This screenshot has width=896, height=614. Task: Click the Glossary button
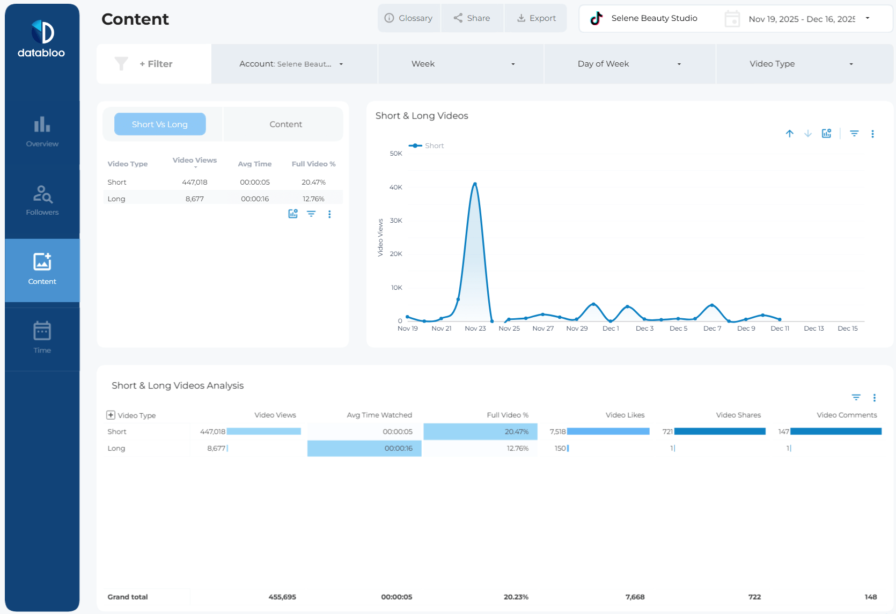coord(409,18)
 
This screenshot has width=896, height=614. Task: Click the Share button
coord(472,18)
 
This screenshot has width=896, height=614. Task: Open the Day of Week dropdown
coord(629,64)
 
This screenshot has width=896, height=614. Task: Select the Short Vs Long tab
coord(160,125)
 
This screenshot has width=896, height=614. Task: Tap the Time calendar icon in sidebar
coord(42,331)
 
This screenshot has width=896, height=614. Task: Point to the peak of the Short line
coord(475,184)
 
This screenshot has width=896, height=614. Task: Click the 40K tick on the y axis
coord(396,187)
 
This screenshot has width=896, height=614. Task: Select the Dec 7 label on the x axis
coord(712,328)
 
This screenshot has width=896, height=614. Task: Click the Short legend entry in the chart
coord(427,145)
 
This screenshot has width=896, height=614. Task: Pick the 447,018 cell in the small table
coord(194,182)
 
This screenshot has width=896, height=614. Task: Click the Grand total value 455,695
coord(282,597)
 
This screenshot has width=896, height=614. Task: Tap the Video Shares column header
coord(738,415)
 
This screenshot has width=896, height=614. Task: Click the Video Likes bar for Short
coord(608,432)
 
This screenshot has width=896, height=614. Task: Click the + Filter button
coord(156,64)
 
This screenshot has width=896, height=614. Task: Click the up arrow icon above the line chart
coord(789,134)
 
